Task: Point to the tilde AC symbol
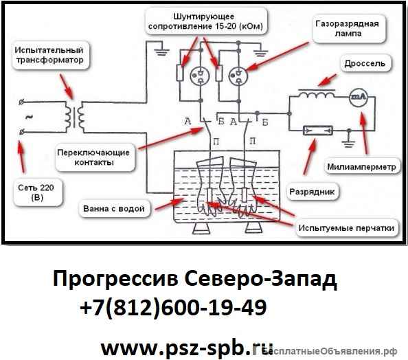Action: coord(28,117)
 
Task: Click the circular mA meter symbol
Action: coord(359,97)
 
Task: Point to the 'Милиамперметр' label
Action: coord(362,166)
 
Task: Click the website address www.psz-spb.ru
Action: coord(185,346)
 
